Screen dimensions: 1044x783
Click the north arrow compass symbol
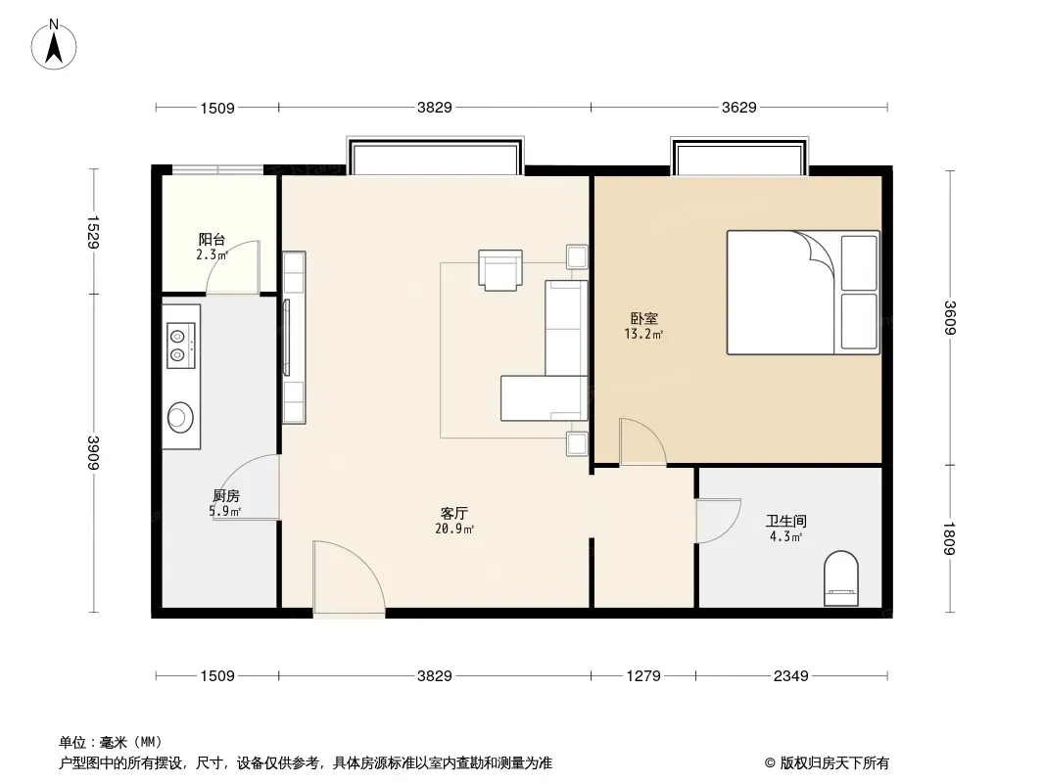54,45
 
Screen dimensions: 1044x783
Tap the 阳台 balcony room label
212,239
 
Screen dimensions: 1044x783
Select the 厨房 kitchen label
226,495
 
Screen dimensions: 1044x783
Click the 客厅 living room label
454,513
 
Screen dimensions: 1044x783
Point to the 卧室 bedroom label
643,319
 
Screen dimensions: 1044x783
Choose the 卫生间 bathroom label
786,521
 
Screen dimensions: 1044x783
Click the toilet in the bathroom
841,578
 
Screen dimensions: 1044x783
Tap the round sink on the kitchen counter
179,417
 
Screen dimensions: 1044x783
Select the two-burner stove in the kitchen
180,345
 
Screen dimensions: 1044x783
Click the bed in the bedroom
803,292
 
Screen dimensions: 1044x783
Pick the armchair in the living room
500,269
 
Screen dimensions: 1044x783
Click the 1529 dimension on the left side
93,232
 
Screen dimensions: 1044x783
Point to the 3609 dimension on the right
950,318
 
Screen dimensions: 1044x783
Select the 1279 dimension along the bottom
643,676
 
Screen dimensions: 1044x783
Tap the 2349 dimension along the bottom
791,676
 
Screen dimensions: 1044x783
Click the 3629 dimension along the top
739,107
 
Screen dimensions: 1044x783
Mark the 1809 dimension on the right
950,538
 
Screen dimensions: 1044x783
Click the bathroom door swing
718,521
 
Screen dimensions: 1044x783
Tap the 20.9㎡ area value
454,530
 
